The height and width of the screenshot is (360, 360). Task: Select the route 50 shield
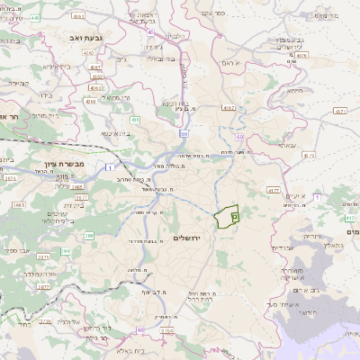point(184,133)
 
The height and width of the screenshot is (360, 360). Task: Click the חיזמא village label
point(293,90)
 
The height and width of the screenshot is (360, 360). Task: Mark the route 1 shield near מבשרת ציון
point(109,167)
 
